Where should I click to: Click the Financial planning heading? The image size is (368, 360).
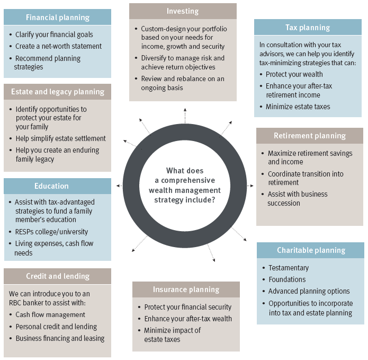[x=57, y=17]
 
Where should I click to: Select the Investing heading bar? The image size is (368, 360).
[x=183, y=11]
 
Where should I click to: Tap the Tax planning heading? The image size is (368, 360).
[x=307, y=28]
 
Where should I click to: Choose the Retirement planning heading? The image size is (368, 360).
[x=310, y=136]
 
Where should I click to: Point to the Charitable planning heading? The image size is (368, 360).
[x=311, y=250]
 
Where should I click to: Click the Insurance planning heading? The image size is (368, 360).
[x=186, y=289]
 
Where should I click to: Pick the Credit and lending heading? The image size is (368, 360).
[x=58, y=276]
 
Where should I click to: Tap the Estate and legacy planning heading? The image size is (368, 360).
[x=58, y=92]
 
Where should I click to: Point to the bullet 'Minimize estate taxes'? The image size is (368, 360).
[x=298, y=107]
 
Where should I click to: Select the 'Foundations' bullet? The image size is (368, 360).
[x=286, y=279]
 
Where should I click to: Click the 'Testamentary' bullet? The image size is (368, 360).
[x=288, y=268]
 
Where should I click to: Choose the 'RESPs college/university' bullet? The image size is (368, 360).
[x=51, y=232]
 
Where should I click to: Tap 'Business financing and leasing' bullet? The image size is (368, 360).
[x=60, y=338]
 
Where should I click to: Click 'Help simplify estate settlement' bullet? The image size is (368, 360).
[x=60, y=138]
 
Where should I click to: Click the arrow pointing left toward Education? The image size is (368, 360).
[x=121, y=186]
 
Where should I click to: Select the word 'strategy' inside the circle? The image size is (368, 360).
[x=170, y=200]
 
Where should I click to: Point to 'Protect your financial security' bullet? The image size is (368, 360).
[x=187, y=307]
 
